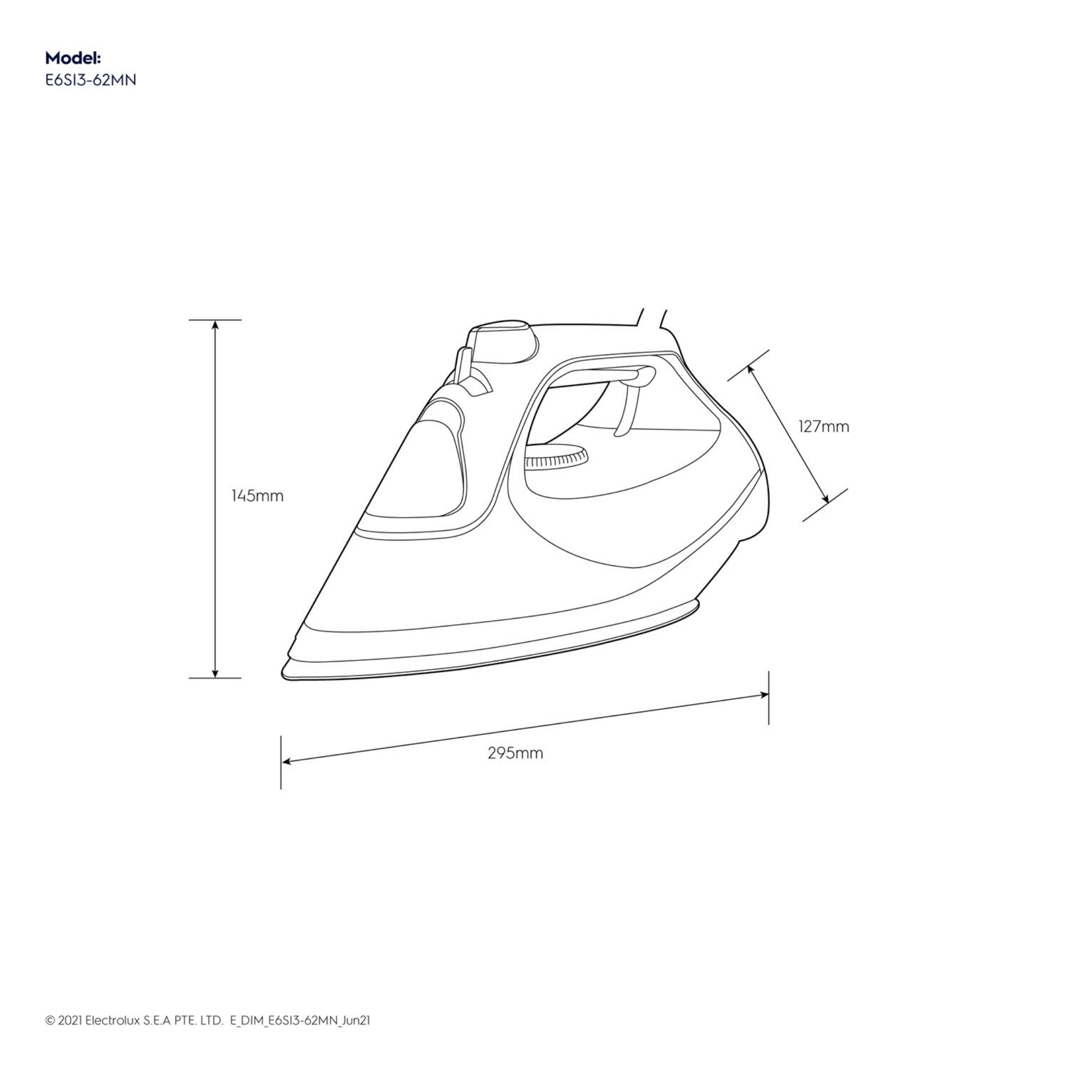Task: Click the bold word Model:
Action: [73, 58]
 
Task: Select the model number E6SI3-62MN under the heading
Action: [90, 80]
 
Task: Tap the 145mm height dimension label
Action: [257, 496]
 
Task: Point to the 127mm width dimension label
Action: [823, 426]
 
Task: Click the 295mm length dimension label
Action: [515, 753]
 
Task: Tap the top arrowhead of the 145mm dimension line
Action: [215, 325]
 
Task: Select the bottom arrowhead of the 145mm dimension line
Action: [215, 673]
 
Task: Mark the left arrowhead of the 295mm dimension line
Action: [287, 762]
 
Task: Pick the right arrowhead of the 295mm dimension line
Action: [764, 694]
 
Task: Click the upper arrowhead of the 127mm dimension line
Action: [751, 369]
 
